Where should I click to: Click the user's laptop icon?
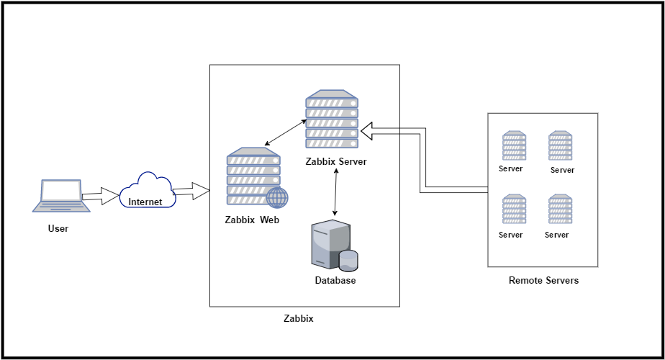point(61,196)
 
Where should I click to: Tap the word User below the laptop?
point(58,229)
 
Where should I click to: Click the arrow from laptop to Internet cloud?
point(100,195)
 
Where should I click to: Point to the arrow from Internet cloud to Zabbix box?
point(191,191)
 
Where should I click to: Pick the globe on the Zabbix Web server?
point(277,197)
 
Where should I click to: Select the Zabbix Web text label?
point(252,220)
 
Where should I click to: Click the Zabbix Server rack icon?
point(332,119)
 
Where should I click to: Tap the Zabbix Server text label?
point(335,162)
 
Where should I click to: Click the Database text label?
point(335,280)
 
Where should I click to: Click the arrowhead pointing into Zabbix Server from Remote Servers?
point(368,130)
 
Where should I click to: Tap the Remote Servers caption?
point(543,280)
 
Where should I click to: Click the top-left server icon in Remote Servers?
point(514,146)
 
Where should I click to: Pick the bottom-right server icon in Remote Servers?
point(560,210)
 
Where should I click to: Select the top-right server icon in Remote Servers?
point(560,146)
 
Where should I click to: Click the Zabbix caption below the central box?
point(299,318)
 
